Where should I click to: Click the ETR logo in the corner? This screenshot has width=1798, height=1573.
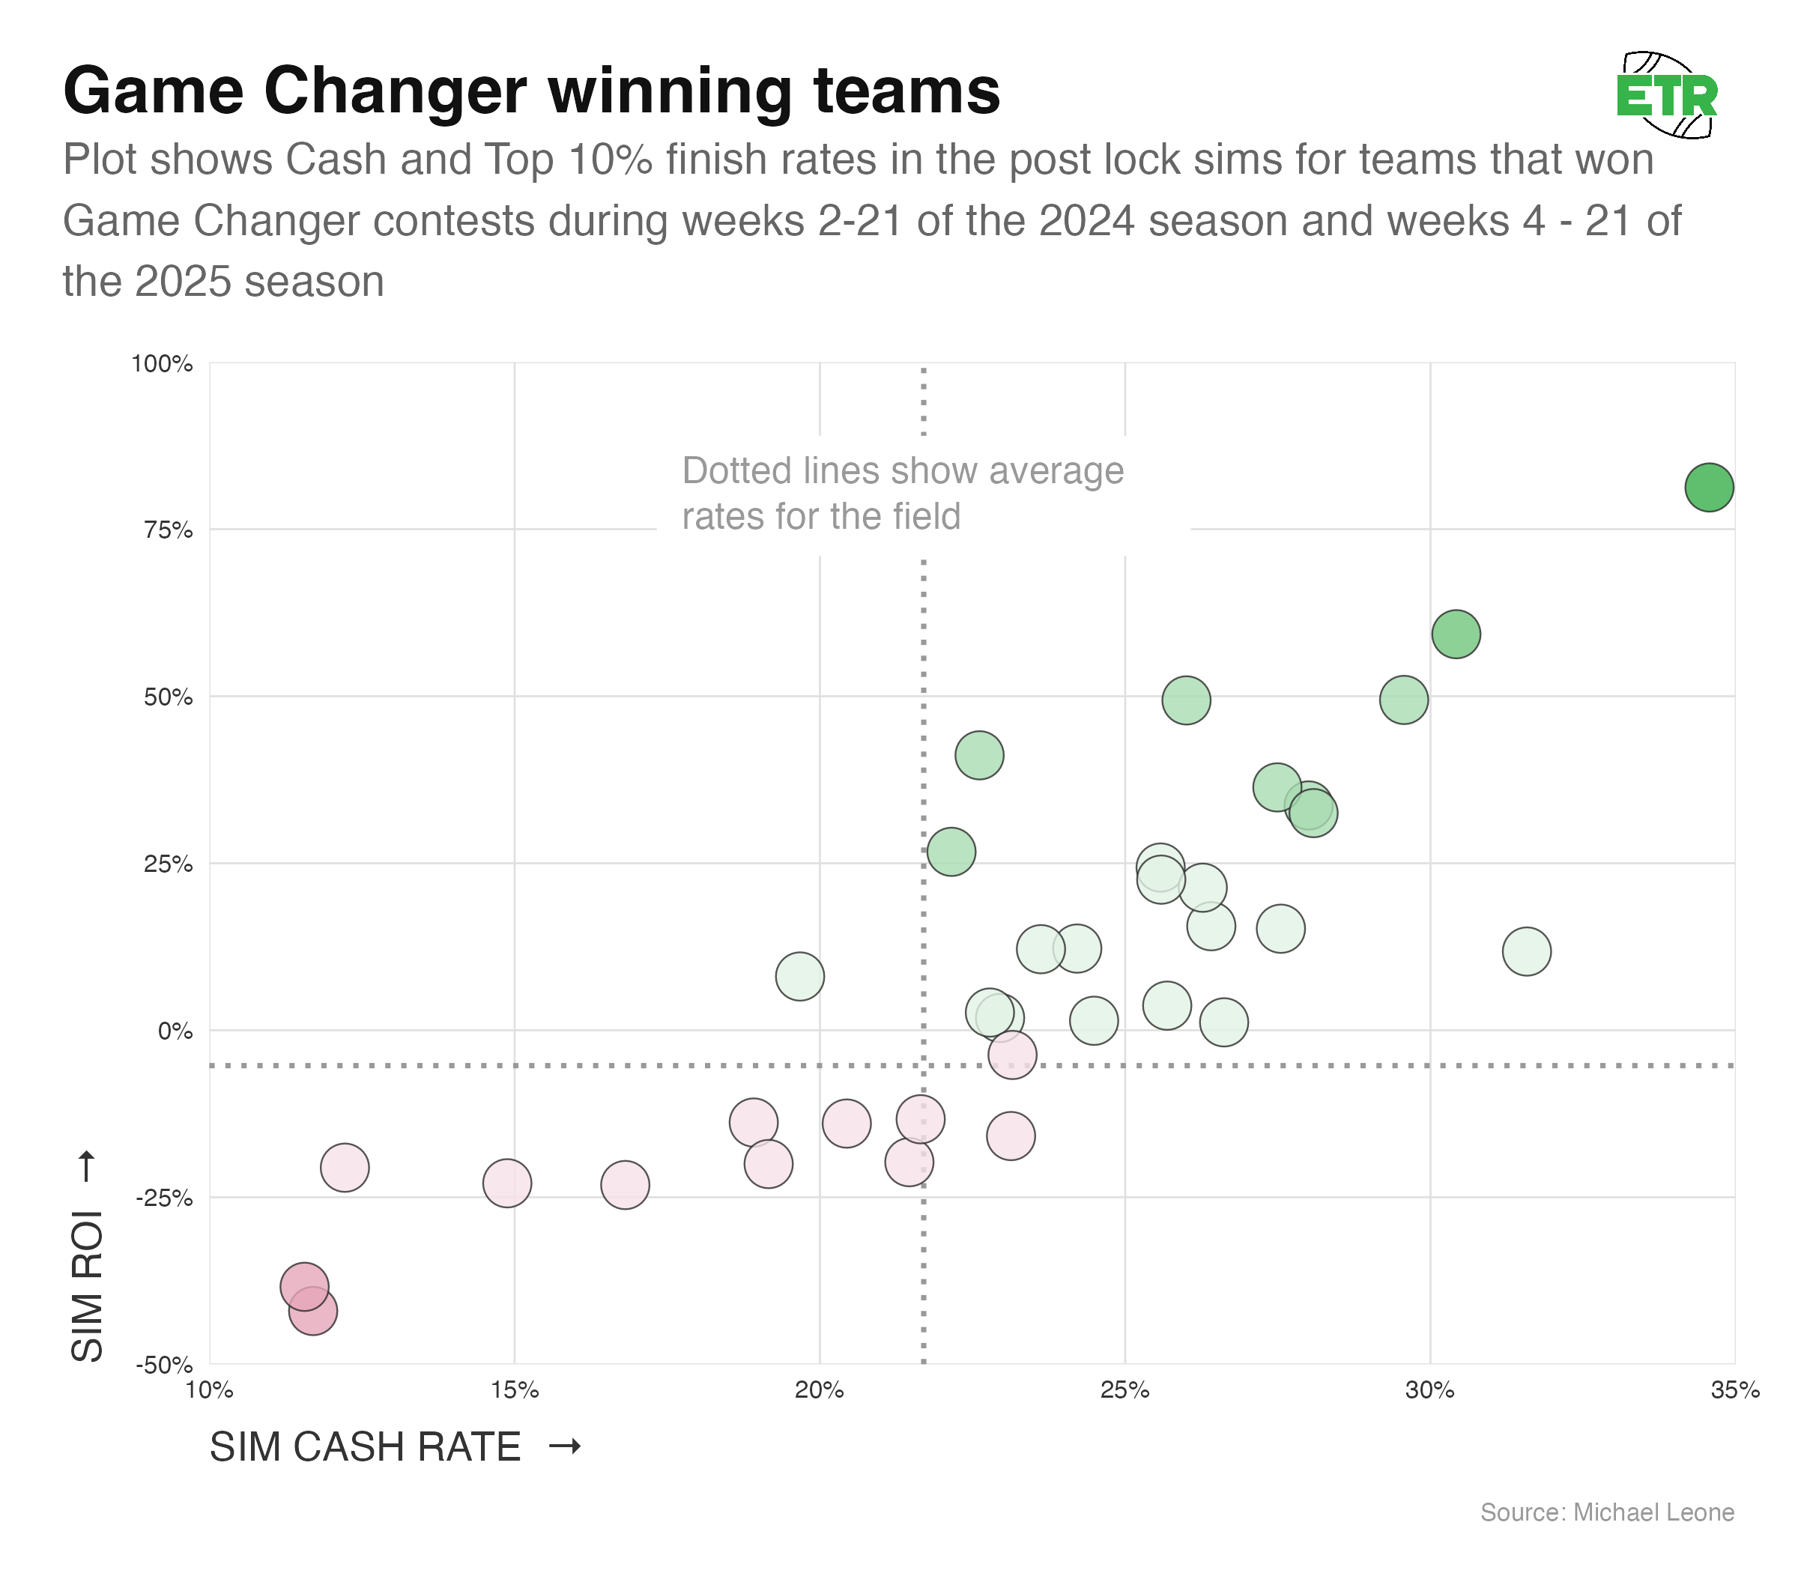tap(1666, 96)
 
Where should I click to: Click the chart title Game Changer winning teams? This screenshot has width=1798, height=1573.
tap(531, 91)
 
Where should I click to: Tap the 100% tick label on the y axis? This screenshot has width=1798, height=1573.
tap(163, 363)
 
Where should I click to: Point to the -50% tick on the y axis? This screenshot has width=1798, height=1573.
tap(164, 1365)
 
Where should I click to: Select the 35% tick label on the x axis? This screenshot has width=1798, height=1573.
tap(1735, 1390)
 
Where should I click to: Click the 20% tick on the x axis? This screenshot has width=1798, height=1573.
tap(819, 1390)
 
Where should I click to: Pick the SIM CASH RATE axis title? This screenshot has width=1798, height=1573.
tap(366, 1446)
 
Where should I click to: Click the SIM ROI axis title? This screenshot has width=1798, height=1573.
tap(87, 1286)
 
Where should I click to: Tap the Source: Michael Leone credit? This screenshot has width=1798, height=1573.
tap(1607, 1512)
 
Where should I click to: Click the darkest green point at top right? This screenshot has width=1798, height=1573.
tap(1708, 487)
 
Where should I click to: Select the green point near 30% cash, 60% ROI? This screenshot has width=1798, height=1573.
tap(1456, 634)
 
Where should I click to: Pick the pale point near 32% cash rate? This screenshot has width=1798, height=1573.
tap(1527, 951)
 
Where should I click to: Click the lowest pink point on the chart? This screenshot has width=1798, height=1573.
tap(312, 1312)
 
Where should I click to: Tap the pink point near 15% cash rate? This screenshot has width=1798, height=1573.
tap(506, 1183)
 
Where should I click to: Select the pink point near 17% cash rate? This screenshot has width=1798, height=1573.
tap(624, 1185)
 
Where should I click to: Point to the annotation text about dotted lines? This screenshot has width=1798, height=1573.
tap(903, 494)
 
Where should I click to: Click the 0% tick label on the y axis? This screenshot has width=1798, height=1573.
tap(175, 1031)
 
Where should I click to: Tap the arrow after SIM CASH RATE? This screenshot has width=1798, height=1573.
tap(565, 1446)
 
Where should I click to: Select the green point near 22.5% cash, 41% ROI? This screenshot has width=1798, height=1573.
tap(979, 755)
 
